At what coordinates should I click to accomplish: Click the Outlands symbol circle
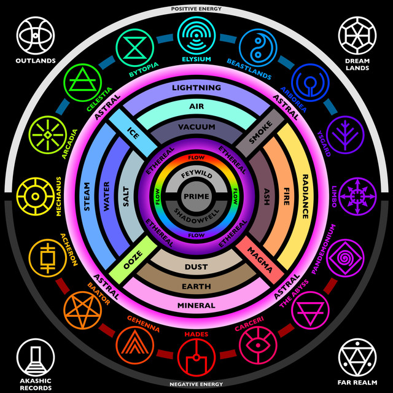click(x=35, y=35)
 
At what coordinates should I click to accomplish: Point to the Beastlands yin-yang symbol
click(x=257, y=45)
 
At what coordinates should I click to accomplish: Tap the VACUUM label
click(x=196, y=126)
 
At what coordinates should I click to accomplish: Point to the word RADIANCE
click(x=305, y=196)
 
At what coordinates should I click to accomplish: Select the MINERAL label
click(x=196, y=305)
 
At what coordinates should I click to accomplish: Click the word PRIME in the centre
click(x=196, y=196)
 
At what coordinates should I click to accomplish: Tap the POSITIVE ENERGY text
click(x=196, y=9)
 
